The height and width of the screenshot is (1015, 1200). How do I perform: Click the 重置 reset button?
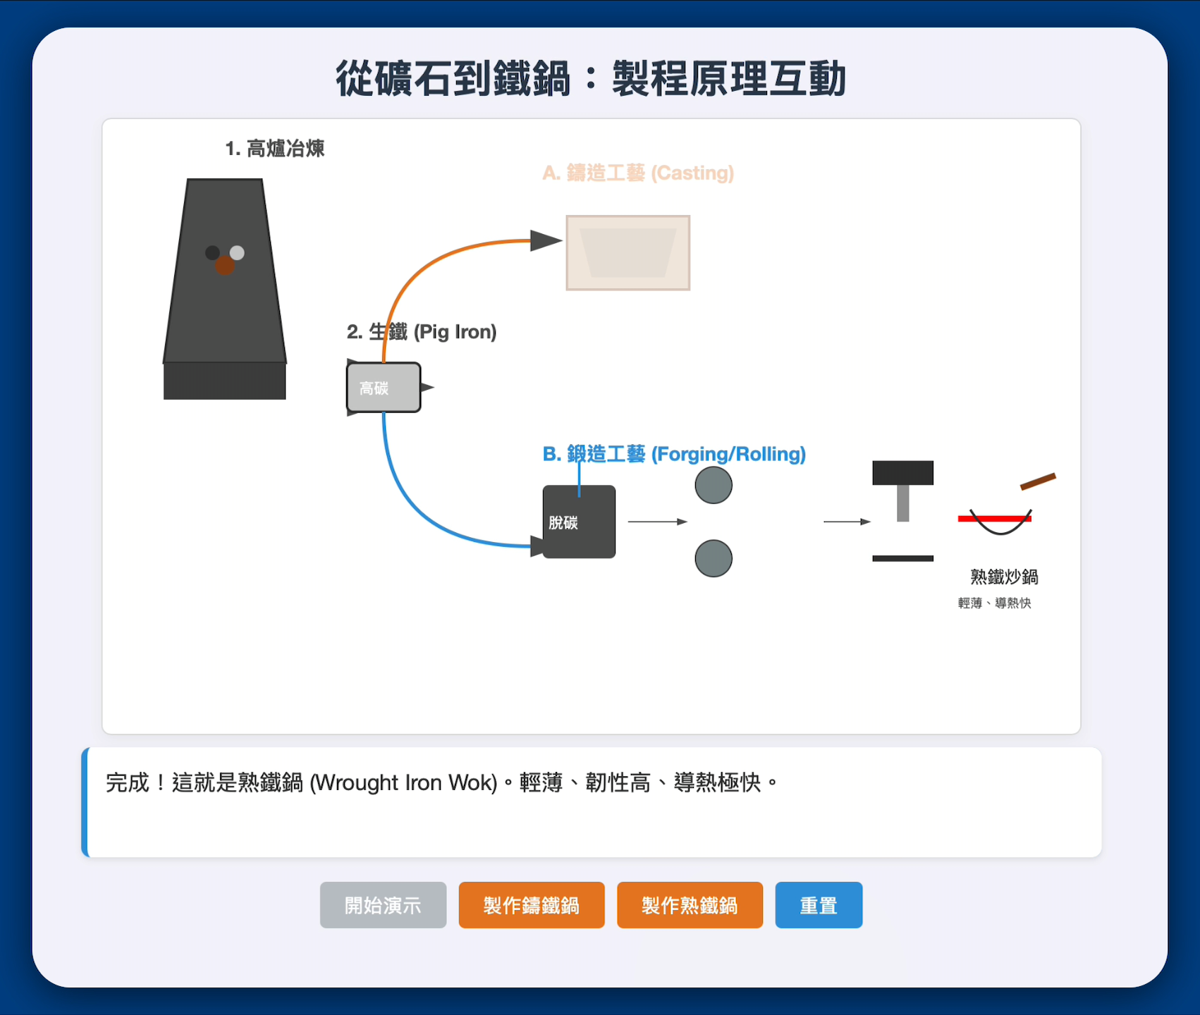(818, 905)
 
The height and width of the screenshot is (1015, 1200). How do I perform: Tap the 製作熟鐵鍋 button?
(690, 905)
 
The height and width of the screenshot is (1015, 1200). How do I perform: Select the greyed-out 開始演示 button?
(383, 905)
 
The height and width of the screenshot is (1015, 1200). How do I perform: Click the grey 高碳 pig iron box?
(384, 388)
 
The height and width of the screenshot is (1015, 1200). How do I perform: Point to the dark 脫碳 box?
(579, 522)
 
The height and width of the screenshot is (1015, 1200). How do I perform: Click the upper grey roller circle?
(714, 485)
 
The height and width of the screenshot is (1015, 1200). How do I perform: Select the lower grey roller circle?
(714, 558)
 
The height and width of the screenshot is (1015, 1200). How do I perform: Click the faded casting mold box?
(627, 252)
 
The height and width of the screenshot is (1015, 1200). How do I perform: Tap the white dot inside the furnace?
(237, 252)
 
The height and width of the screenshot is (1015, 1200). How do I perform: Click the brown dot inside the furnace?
(224, 266)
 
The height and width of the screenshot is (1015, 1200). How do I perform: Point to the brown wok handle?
(1038, 481)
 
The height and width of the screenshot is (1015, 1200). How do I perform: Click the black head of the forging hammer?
(902, 473)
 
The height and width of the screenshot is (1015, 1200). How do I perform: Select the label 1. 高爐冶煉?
(274, 149)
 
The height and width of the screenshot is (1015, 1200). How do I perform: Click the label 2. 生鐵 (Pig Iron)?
(422, 332)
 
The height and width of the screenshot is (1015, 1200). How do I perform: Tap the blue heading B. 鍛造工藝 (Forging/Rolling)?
(674, 454)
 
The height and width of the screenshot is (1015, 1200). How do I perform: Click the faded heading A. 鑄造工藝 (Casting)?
(638, 173)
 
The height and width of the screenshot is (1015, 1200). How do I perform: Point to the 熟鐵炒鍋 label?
(1003, 577)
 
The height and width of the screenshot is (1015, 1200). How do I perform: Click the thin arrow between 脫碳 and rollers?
(657, 522)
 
